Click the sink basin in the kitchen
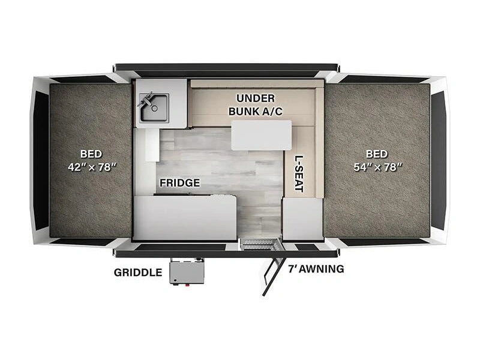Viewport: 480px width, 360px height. [154, 107]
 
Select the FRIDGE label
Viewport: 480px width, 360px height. [179, 183]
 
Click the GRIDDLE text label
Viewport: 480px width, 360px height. [138, 272]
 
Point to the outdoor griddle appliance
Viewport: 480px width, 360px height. [187, 272]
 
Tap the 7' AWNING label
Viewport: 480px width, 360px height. [316, 269]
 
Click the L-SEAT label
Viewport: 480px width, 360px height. [299, 174]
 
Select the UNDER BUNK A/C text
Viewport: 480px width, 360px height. [256, 105]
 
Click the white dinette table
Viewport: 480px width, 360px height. [261, 136]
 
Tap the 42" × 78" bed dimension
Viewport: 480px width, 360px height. [92, 167]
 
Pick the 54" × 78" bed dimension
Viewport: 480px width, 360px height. [378, 167]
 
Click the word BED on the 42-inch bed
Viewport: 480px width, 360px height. [91, 154]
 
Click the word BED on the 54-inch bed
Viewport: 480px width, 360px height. [377, 154]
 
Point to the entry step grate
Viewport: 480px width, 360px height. [260, 244]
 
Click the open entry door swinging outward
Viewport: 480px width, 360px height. [272, 268]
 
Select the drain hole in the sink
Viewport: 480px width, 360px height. [155, 109]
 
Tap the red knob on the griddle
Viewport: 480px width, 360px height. [187, 285]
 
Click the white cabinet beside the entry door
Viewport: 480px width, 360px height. [302, 218]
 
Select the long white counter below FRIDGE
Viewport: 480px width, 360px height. [185, 218]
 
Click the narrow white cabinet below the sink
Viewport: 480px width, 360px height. [152, 145]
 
